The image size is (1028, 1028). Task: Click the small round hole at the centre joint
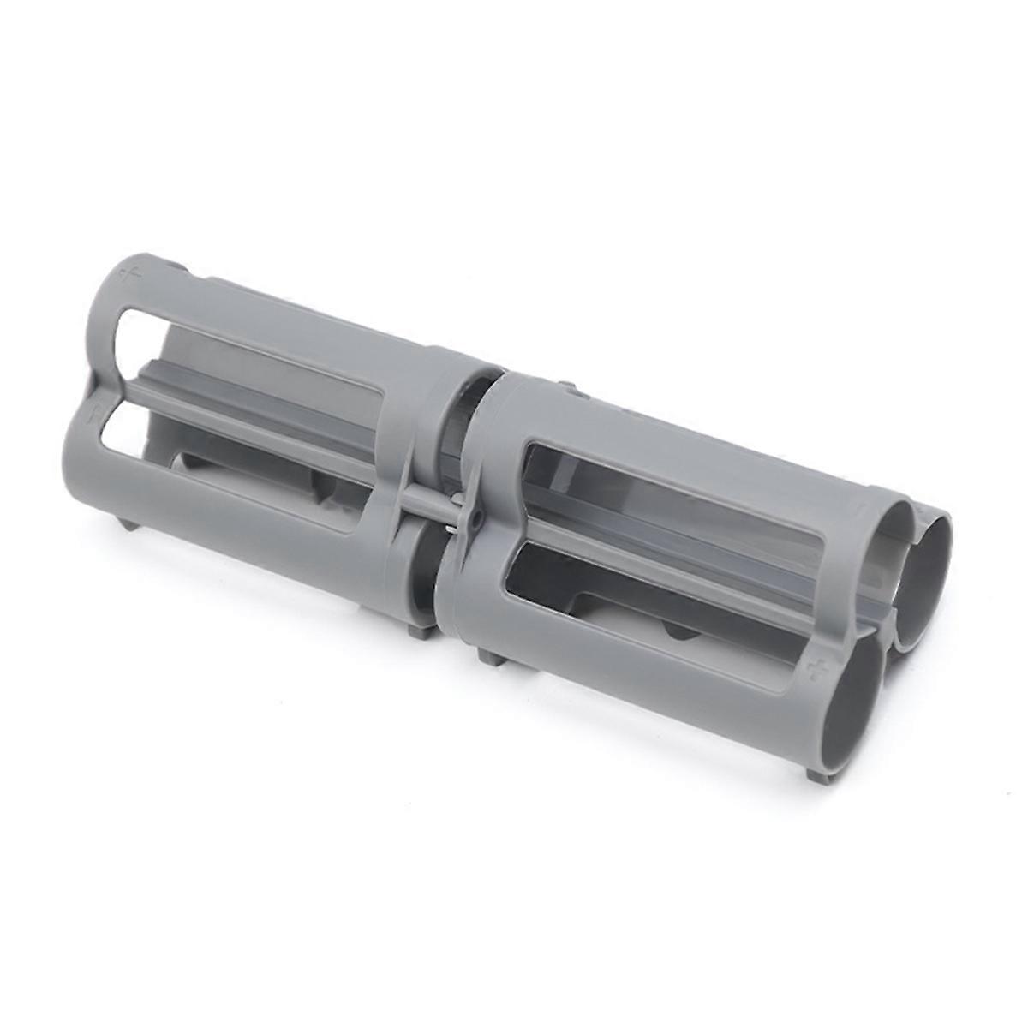pos(470,518)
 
